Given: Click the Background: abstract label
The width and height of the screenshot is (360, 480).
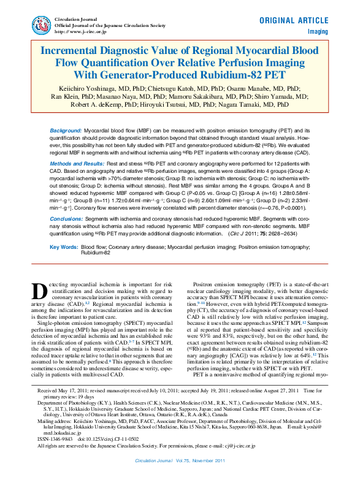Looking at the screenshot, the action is [65, 132].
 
